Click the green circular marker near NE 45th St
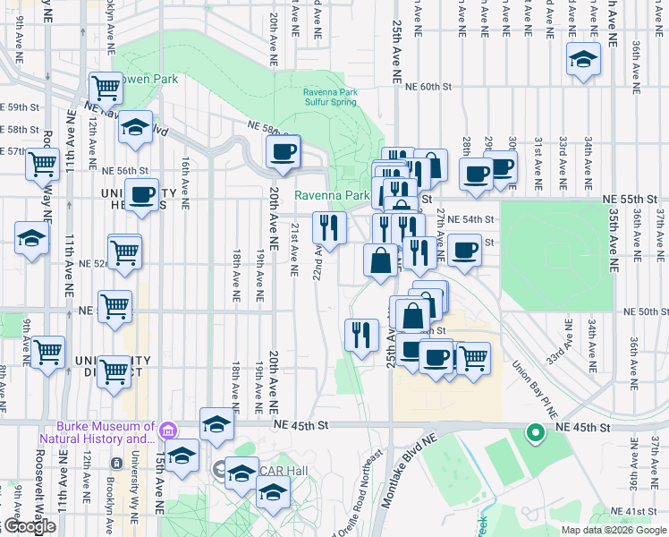click(x=535, y=434)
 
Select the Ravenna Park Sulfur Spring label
click(x=335, y=97)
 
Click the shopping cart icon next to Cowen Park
click(x=106, y=88)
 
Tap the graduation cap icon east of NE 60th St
click(x=583, y=59)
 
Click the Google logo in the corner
click(x=29, y=526)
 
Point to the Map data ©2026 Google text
click(x=613, y=530)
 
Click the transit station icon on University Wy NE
click(x=115, y=463)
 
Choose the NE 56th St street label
click(x=123, y=170)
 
